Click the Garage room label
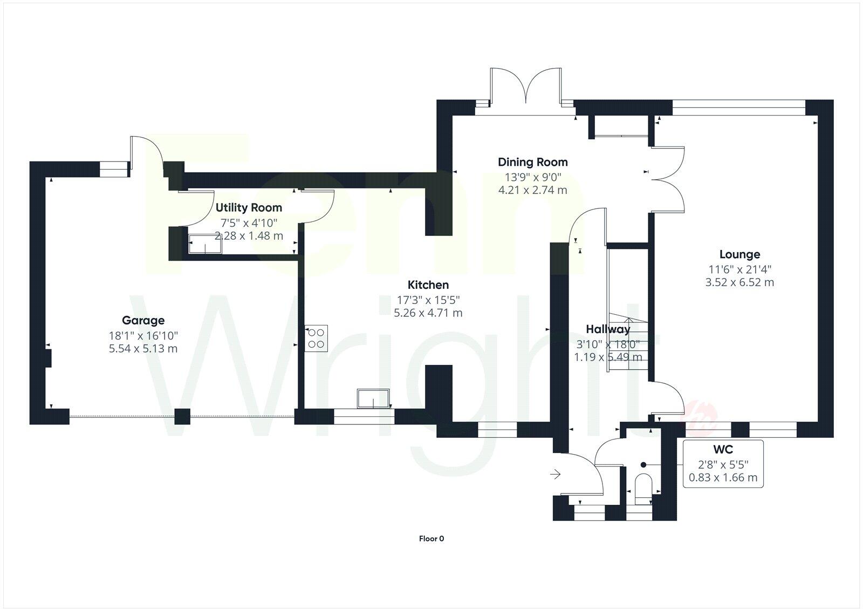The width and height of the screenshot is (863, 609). click(143, 321)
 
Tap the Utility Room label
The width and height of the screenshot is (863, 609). click(249, 208)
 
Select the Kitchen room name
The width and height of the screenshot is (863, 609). click(428, 285)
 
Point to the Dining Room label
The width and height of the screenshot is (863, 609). click(532, 162)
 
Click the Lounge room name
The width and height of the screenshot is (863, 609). click(739, 254)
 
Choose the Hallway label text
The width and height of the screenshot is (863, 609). click(608, 329)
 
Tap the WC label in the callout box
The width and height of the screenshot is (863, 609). click(723, 450)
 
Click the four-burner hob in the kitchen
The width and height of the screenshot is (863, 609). click(316, 339)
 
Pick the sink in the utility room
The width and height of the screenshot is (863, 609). click(204, 243)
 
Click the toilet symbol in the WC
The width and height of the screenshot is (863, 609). click(643, 484)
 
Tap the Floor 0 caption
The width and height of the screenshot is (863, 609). click(432, 538)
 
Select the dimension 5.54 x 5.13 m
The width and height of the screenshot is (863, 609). click(143, 349)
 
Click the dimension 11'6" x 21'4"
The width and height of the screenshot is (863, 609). click(739, 269)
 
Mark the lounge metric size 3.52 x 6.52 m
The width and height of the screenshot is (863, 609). click(739, 282)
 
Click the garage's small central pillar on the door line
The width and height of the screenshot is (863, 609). click(182, 416)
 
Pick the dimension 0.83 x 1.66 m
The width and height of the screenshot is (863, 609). click(723, 478)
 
